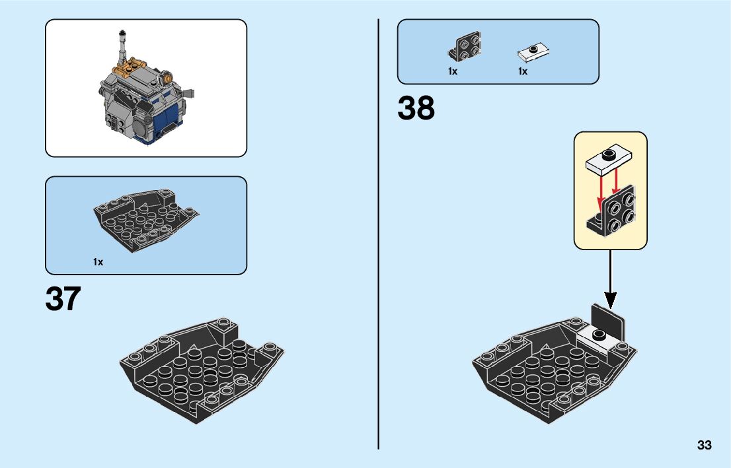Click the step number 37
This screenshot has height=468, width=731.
63,299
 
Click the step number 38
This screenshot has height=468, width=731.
416,109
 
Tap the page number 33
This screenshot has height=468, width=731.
704,446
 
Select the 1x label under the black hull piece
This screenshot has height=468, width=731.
98,262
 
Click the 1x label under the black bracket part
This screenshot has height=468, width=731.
453,71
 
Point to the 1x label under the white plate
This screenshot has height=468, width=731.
523,71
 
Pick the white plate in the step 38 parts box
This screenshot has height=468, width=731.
534,50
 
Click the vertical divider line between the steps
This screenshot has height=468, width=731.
378,231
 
